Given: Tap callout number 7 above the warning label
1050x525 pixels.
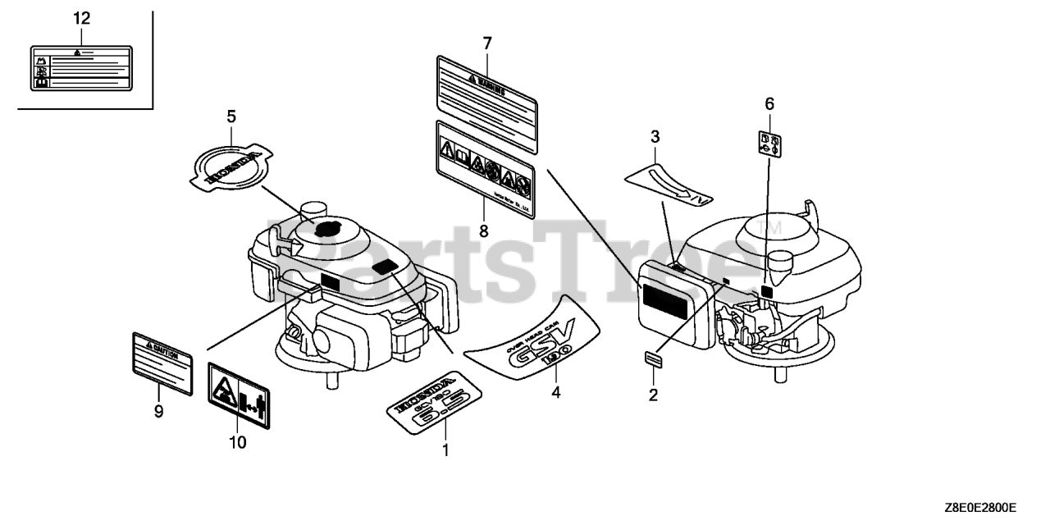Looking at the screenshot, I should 486,43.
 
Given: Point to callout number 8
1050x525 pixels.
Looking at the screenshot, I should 484,231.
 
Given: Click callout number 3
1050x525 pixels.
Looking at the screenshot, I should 655,135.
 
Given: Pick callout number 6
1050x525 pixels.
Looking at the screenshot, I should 769,104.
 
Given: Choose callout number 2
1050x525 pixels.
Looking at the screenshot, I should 654,395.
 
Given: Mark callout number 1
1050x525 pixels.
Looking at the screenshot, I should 445,450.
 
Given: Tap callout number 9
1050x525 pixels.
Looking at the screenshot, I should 158,411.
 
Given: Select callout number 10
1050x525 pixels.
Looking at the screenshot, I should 237,443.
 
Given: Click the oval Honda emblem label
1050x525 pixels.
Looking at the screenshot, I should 231,167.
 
